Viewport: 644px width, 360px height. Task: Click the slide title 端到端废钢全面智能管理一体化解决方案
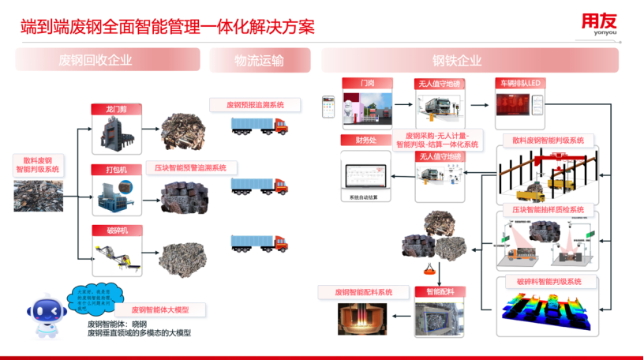pyautogui.click(x=167, y=26)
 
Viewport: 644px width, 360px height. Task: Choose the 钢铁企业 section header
pyautogui.click(x=457, y=60)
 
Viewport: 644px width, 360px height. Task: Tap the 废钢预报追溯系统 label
pyautogui.click(x=255, y=104)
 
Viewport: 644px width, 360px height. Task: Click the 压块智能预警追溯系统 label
pyautogui.click(x=190, y=168)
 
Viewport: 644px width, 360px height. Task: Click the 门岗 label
pyautogui.click(x=367, y=83)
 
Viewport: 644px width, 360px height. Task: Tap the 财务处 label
pyautogui.click(x=356, y=141)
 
